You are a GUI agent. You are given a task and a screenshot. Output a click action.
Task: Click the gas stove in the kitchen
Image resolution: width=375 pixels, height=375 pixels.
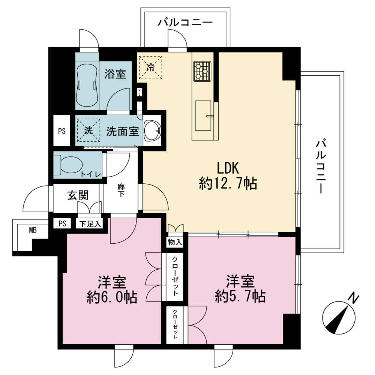click(202, 71)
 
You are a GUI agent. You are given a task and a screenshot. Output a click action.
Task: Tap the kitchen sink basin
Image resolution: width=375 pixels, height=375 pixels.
click(203, 115)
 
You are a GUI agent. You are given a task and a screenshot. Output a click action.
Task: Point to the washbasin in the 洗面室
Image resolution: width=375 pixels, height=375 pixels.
click(152, 131)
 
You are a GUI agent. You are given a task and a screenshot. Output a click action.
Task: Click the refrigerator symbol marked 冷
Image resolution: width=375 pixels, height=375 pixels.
click(151, 67)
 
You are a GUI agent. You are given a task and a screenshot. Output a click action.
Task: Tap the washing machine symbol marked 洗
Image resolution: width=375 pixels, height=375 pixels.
click(88, 130)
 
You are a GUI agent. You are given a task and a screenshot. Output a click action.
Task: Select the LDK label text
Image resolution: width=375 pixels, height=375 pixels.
click(228, 168)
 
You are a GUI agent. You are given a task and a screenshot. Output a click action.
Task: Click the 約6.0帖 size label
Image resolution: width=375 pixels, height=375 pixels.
click(112, 297)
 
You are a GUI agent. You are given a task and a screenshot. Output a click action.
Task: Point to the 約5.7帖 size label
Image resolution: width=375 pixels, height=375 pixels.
click(240, 296)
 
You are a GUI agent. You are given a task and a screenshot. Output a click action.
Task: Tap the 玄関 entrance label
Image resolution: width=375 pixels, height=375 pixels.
click(78, 195)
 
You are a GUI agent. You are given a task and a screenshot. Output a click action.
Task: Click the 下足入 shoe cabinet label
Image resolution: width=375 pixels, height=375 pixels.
click(90, 224)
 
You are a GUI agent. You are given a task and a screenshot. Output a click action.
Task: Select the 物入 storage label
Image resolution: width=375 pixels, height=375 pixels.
click(175, 242)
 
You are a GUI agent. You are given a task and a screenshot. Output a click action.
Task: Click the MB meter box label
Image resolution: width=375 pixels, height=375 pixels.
click(33, 230)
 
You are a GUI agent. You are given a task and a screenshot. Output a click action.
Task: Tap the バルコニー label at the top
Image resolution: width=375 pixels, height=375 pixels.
click(185, 23)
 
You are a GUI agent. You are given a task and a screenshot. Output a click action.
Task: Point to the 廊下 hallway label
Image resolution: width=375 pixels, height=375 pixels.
click(121, 190)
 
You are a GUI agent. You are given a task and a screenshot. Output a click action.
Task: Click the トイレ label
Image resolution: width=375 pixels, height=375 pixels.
click(91, 174)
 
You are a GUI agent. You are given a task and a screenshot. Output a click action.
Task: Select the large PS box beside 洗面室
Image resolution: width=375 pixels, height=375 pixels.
click(62, 130)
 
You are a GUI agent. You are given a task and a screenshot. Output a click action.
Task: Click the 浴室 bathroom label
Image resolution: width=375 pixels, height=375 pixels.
click(115, 74)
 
